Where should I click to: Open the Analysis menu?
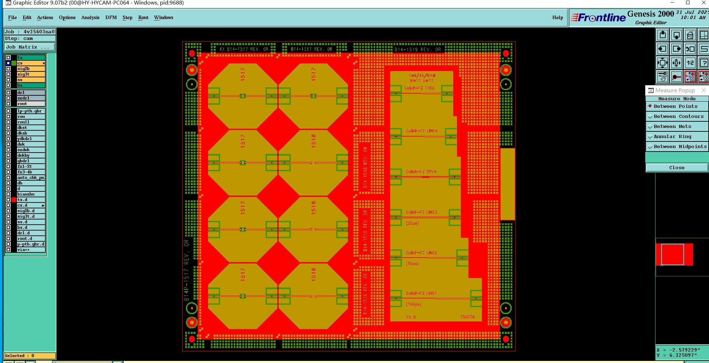click(90, 18)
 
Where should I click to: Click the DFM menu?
click(111, 18)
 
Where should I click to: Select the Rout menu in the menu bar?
click(143, 18)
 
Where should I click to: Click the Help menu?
click(557, 18)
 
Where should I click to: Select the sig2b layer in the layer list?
click(31, 69)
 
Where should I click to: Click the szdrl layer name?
click(31, 98)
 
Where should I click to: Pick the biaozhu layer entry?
click(31, 194)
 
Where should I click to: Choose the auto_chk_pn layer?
click(31, 178)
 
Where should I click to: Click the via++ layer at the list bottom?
click(31, 250)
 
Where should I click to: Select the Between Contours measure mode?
click(678, 116)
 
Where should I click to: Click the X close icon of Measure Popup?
click(703, 90)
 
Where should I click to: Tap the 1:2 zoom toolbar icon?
click(690, 63)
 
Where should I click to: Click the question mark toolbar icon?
click(704, 63)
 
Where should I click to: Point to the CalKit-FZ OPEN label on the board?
click(421, 172)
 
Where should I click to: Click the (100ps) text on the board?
click(413, 304)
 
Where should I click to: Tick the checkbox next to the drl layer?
click(8, 93)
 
